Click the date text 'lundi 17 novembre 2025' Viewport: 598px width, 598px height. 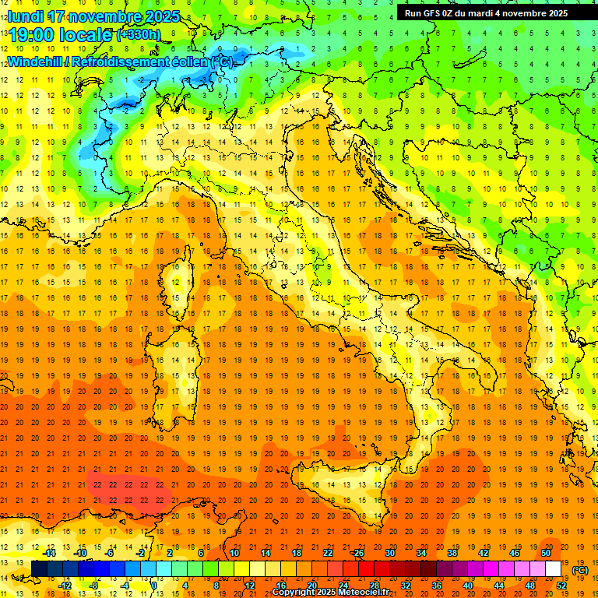(x=93, y=16)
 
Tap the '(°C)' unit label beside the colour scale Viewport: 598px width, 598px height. (x=579, y=570)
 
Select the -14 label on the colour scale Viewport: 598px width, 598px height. (x=50, y=553)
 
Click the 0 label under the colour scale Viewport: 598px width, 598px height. (x=155, y=585)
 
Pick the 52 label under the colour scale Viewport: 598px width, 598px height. (x=560, y=585)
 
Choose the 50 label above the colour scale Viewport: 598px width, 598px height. (x=545, y=553)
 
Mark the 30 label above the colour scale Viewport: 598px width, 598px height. (x=389, y=553)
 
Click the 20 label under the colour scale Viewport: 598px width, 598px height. (x=311, y=585)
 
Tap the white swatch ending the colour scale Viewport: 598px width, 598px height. (x=553, y=569)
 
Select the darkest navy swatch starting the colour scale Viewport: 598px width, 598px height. (x=39, y=569)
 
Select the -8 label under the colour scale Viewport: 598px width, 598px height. (x=93, y=585)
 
